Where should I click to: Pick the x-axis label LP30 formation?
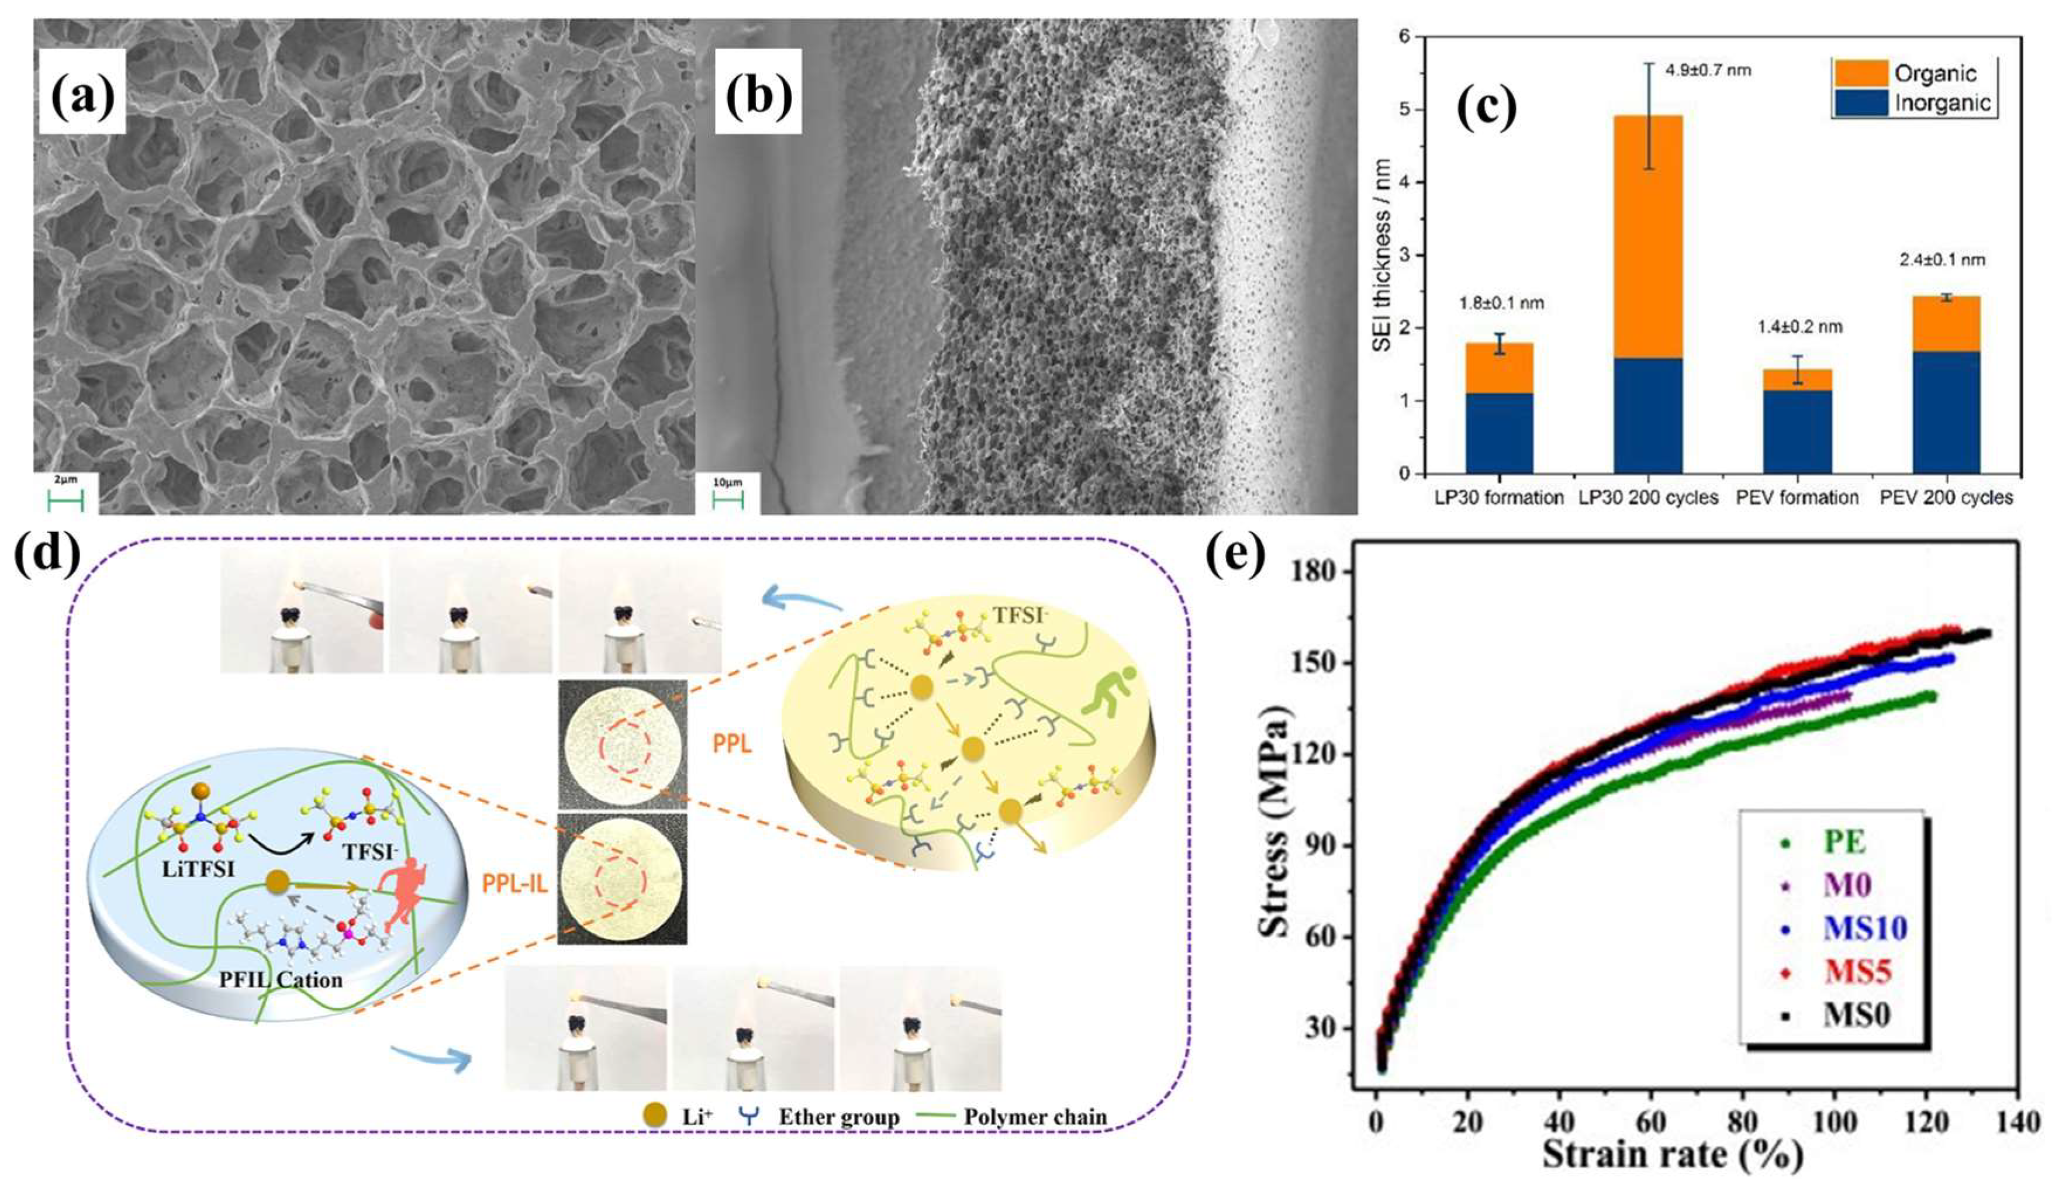pyautogui.click(x=1499, y=497)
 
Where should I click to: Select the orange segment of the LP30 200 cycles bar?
pyautogui.click(x=1648, y=236)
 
